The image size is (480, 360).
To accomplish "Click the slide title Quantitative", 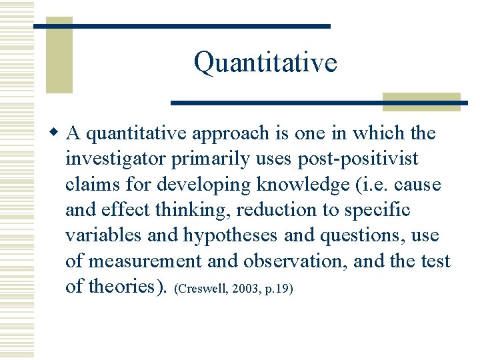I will click(265, 63).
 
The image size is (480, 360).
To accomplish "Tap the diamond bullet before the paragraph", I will click(57, 133).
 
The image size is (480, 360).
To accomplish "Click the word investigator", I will click(116, 159).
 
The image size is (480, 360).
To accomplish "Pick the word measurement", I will click(136, 261).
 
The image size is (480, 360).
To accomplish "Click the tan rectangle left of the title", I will click(59, 55).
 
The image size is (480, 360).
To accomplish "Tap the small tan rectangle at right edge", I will click(421, 101).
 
